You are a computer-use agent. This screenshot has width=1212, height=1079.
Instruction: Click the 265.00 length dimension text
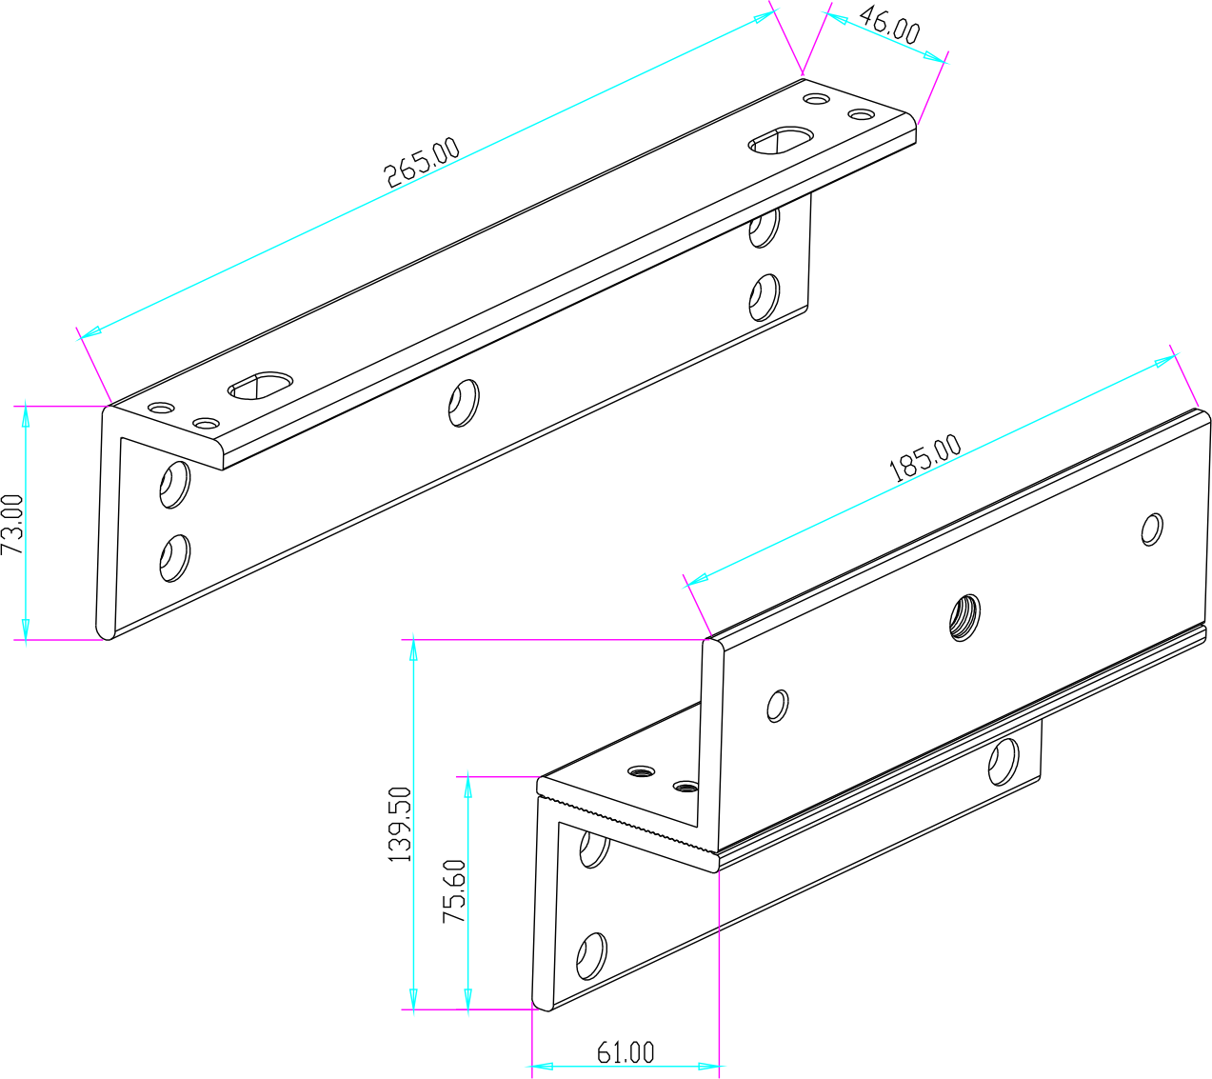click(x=422, y=163)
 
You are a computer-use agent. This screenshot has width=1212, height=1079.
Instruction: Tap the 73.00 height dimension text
click(x=12, y=524)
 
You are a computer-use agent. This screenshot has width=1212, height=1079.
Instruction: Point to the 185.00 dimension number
click(x=924, y=459)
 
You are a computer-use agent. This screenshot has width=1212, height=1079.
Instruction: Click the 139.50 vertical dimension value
click(x=401, y=825)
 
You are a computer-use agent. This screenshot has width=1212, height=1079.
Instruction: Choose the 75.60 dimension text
click(x=455, y=891)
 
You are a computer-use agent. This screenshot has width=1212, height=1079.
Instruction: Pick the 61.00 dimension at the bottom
click(x=626, y=1052)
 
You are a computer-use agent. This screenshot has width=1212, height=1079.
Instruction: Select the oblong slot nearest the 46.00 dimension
click(x=781, y=140)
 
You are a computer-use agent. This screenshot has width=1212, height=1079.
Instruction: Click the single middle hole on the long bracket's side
click(x=464, y=402)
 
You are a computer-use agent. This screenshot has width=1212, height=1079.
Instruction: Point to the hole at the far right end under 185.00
click(x=1152, y=529)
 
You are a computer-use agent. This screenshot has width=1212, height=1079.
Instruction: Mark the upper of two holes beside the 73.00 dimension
click(x=174, y=484)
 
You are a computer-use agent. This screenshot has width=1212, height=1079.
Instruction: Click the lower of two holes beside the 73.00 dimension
click(x=174, y=557)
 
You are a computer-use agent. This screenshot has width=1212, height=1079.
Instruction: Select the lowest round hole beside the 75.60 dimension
click(x=592, y=957)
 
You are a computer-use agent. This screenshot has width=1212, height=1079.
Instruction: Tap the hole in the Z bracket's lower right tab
click(x=1003, y=761)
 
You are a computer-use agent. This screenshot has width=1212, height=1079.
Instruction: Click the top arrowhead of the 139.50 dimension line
click(x=413, y=649)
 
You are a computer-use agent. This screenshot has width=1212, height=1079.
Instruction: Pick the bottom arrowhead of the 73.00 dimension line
click(x=26, y=629)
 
